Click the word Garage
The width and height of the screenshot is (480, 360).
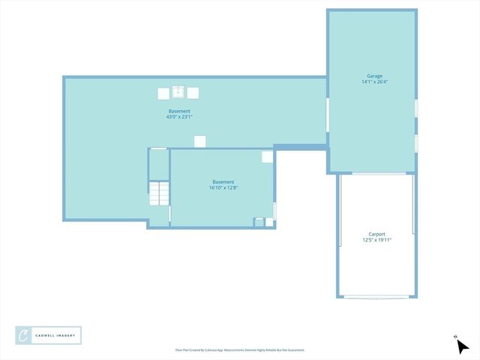[x=374, y=76]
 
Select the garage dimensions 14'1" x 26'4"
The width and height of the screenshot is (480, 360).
[x=374, y=82]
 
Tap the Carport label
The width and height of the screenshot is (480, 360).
[x=376, y=234]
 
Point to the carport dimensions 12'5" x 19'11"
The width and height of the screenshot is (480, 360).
[x=376, y=240]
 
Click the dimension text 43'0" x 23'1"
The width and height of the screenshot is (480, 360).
[x=179, y=117]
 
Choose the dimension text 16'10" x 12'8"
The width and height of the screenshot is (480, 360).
[x=223, y=188]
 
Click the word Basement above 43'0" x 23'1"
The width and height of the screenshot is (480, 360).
[x=179, y=111]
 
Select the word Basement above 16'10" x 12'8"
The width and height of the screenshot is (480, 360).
[x=223, y=182]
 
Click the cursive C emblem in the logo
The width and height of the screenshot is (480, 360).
[x=24, y=335]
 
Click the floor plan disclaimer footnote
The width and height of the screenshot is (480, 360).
[x=239, y=350]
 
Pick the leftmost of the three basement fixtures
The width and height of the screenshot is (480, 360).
[x=163, y=94]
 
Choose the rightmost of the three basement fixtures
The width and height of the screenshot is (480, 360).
[x=193, y=94]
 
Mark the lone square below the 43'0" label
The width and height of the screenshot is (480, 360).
[x=199, y=141]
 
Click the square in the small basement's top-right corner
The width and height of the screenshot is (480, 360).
[x=267, y=157]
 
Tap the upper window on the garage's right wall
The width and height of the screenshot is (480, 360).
[x=416, y=108]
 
